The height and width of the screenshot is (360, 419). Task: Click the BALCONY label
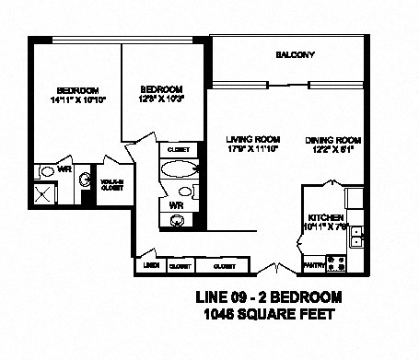pos(295,55)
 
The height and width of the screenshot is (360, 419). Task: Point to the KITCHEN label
pos(326,217)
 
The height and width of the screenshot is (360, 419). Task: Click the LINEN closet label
pos(149,266)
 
